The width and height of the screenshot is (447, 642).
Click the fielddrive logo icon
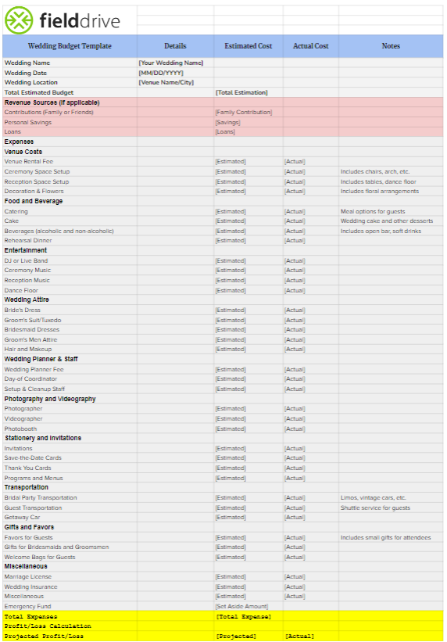click(x=19, y=17)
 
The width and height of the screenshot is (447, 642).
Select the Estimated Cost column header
click(x=248, y=46)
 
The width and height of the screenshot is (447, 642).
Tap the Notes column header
click(x=391, y=46)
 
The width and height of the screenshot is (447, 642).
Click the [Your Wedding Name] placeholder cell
click(x=170, y=63)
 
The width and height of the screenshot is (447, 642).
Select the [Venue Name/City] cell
click(x=166, y=82)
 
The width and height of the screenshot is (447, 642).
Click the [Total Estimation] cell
click(x=241, y=92)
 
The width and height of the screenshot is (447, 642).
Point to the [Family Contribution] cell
click(x=244, y=112)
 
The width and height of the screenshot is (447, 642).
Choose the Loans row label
click(x=13, y=132)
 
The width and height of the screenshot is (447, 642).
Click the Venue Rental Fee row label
click(x=29, y=162)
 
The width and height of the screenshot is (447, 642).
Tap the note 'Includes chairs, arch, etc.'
click(x=375, y=171)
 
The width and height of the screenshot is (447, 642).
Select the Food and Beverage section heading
click(x=33, y=201)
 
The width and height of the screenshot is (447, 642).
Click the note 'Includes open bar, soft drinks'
click(x=380, y=231)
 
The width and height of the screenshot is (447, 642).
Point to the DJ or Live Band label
click(x=26, y=260)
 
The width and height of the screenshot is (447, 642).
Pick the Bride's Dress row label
click(x=22, y=310)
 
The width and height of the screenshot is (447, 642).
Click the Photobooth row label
click(x=20, y=429)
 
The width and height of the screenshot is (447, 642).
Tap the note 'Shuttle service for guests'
click(x=375, y=508)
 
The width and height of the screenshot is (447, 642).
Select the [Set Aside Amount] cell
click(x=241, y=606)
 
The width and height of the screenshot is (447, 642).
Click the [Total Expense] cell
click(x=243, y=616)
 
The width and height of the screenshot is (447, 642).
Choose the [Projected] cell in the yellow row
click(x=235, y=636)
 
